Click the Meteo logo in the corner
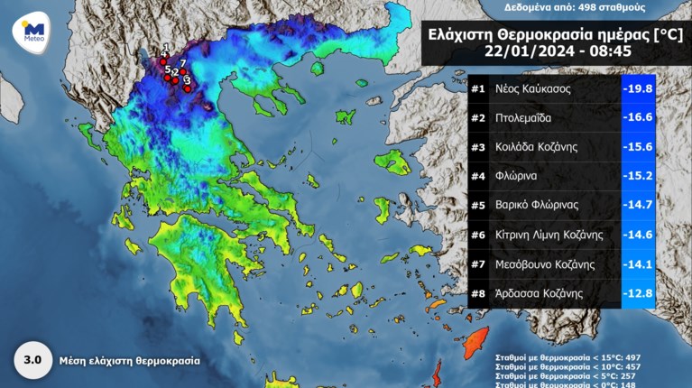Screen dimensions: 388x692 30,32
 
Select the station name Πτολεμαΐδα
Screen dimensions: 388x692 524,117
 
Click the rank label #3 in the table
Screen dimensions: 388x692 478,147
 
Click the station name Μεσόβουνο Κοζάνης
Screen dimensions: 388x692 548,264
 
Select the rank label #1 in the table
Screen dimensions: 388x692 478,89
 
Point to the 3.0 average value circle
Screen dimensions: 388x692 32,360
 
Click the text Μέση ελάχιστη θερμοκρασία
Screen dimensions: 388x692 130,360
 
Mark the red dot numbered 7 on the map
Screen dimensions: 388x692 183,71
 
